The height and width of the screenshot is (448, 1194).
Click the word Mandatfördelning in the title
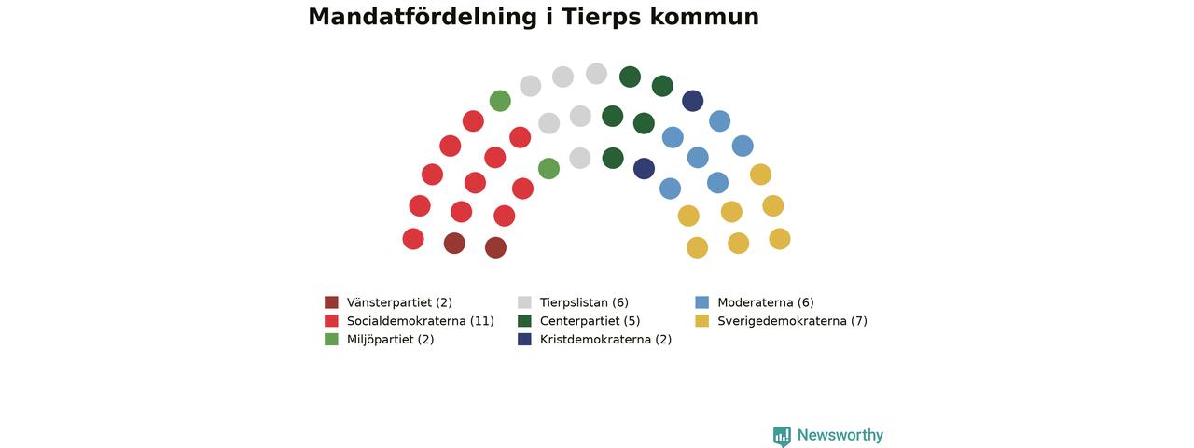423,17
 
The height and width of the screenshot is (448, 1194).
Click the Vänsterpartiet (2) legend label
399,302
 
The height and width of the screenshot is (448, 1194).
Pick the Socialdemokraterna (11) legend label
421,321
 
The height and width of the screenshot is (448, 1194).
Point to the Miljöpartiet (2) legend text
390,340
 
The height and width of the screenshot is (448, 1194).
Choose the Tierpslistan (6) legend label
584,302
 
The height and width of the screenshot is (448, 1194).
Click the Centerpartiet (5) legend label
590,321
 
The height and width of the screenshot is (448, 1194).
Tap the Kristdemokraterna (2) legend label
605,339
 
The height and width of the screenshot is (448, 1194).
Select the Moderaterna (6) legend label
766,302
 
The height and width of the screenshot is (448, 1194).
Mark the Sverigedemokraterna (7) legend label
792,321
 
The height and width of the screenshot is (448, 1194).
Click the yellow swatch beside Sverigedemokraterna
702,320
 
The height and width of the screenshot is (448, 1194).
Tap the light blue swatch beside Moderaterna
702,302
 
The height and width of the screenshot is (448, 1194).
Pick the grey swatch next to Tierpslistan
524,302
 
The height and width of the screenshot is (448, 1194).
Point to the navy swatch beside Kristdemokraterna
524,339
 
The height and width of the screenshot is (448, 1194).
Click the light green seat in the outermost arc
500,101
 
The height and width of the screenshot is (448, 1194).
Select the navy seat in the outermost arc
693,101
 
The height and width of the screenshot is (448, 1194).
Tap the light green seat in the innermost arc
549,169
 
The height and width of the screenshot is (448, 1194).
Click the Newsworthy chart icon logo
782,436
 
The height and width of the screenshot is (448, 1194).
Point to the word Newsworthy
840,436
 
